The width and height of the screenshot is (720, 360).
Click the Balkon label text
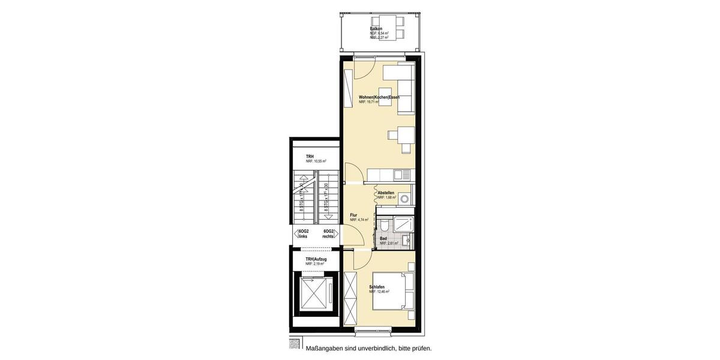[376, 28]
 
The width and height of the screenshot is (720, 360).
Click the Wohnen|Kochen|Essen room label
[379, 97]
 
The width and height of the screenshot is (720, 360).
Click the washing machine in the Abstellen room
[405, 197]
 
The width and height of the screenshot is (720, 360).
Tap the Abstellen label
[386, 193]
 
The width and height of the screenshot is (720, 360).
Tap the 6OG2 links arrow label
[302, 234]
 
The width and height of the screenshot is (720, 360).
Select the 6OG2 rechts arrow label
[328, 234]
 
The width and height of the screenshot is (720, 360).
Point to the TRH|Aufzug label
[316, 259]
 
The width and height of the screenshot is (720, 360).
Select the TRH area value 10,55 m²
[316, 161]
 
